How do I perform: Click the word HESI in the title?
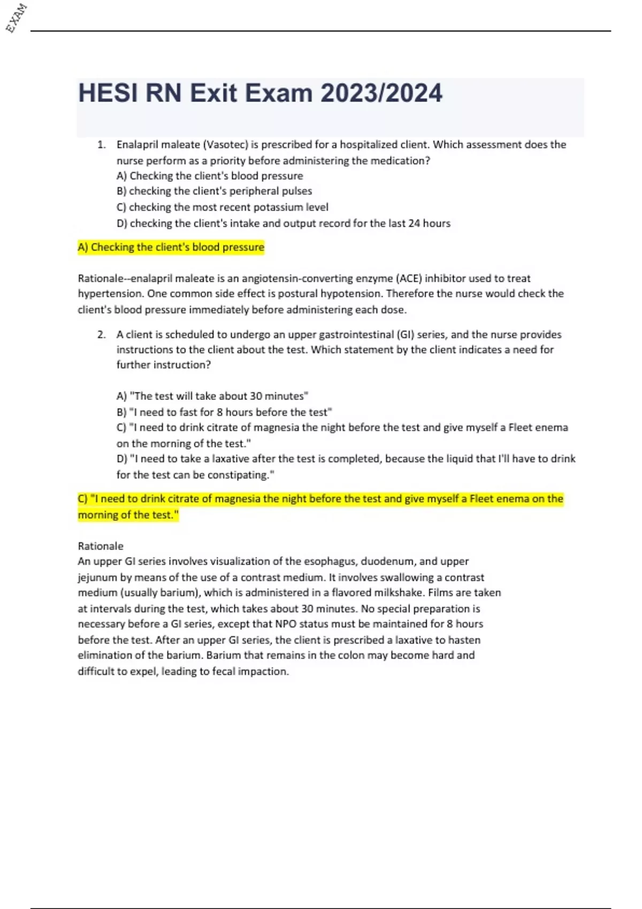pos(108,93)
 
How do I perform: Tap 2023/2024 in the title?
pos(381,93)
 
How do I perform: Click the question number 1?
pos(101,144)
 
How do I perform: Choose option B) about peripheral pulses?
pos(214,191)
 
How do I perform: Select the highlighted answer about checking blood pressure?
pos(171,247)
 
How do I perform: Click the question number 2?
pos(101,335)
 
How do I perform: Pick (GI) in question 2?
pos(405,335)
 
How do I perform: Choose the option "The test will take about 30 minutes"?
pos(212,396)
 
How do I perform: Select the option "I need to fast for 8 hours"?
pos(224,412)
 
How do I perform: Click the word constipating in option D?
pos(241,475)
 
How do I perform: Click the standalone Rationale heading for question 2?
pos(101,546)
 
